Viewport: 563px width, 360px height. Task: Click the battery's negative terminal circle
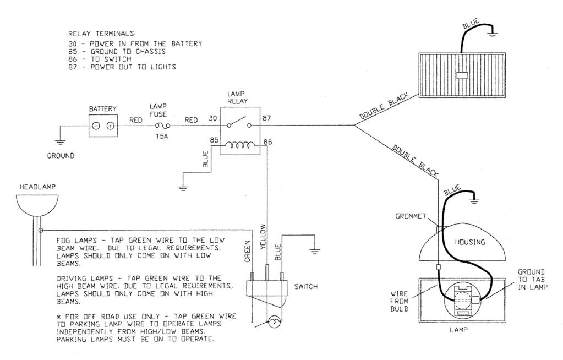pos(96,126)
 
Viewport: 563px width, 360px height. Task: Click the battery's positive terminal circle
pos(111,126)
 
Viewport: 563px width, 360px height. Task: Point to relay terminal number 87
pos(266,118)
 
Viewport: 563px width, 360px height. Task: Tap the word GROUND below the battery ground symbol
pos(61,156)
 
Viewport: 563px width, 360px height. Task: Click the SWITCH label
pos(305,287)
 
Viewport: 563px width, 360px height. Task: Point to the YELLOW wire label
pos(263,237)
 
